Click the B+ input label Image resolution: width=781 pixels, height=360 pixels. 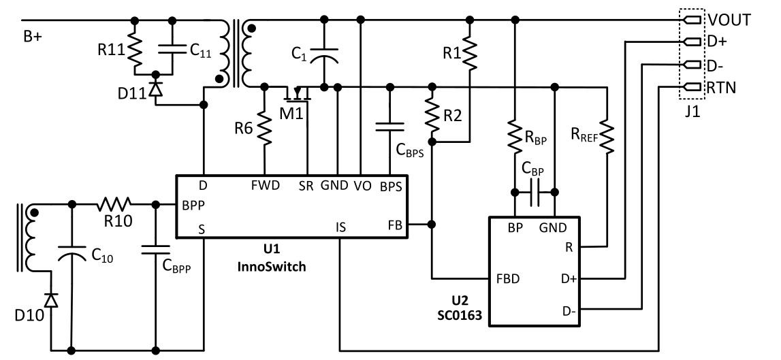point(33,37)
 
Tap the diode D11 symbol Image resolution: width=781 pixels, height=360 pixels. point(156,88)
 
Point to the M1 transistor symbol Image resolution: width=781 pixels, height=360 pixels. point(298,92)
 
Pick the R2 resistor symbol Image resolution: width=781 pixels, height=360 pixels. point(431,114)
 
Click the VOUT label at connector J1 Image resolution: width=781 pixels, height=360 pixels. point(729,20)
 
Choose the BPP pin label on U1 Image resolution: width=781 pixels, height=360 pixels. point(194,203)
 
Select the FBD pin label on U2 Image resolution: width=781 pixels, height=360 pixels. point(509,279)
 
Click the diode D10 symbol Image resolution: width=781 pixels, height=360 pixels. point(51,299)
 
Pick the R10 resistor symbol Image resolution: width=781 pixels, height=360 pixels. point(114,203)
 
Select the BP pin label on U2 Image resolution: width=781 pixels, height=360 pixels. point(515,229)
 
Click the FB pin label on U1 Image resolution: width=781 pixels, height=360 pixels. point(394,223)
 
